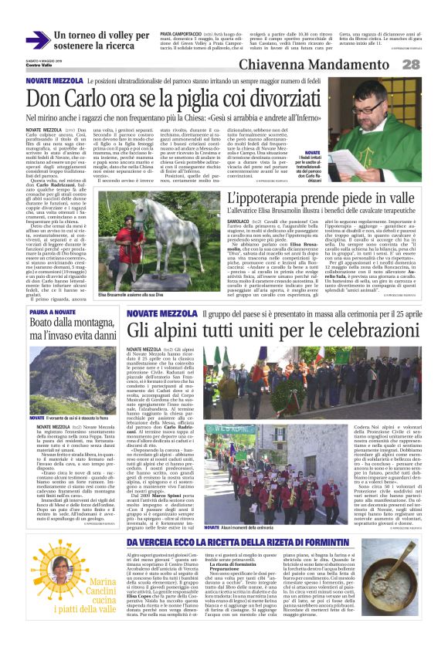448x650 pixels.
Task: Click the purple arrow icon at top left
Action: pyautogui.click(x=37, y=40)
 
